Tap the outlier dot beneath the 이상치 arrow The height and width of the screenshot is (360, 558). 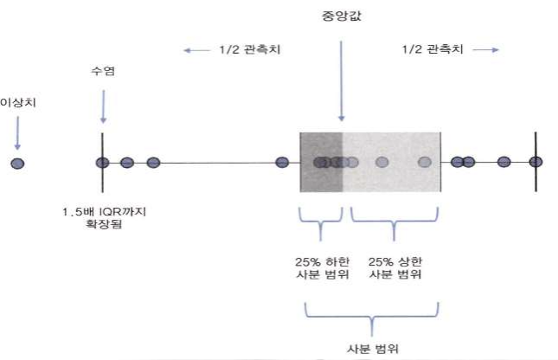(x=17, y=163)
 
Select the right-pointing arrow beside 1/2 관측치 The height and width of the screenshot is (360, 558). (x=486, y=49)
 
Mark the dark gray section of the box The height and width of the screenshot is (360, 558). (x=321, y=147)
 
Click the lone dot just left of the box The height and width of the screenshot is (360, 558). (x=281, y=162)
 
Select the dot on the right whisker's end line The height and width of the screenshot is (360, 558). (x=536, y=162)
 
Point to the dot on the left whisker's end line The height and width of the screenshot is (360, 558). (x=102, y=162)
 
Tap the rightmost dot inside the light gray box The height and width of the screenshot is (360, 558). (x=424, y=162)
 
